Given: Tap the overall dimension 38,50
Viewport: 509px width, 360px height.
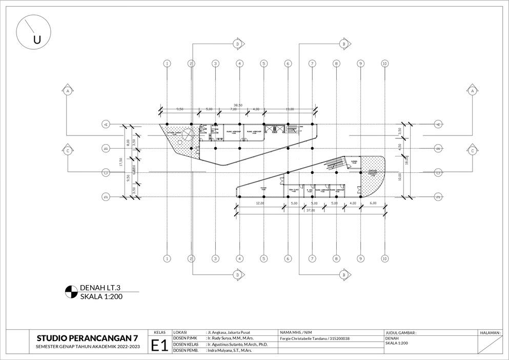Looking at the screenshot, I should pyautogui.click(x=238, y=105).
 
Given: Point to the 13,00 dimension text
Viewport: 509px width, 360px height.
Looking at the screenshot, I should pyautogui.click(x=290, y=109).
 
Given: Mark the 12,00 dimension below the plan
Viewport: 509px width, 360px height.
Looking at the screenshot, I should pyautogui.click(x=260, y=204).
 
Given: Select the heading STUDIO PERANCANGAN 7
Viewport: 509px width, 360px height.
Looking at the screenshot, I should pyautogui.click(x=87, y=338).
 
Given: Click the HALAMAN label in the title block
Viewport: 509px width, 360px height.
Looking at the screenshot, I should pyautogui.click(x=490, y=332).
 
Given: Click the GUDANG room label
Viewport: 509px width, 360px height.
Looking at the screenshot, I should pyautogui.click(x=353, y=162).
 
